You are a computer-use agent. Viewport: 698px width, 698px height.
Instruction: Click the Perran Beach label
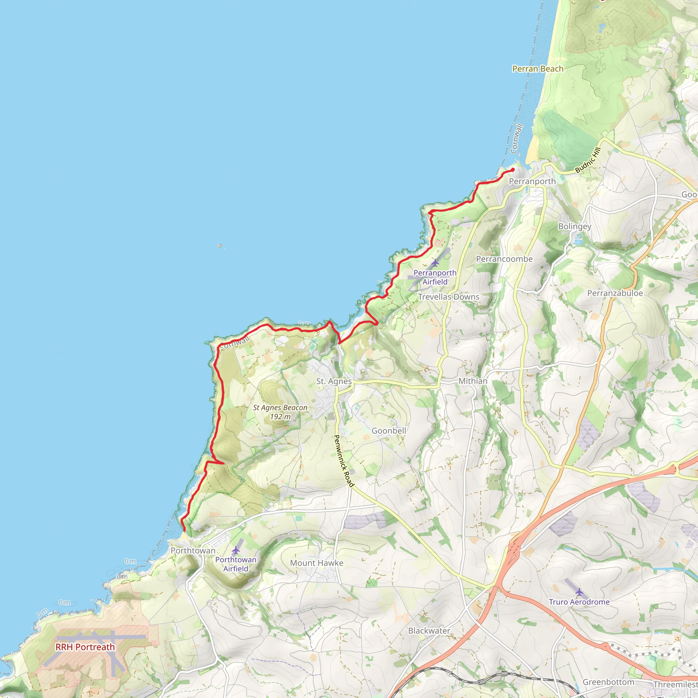pos(537,69)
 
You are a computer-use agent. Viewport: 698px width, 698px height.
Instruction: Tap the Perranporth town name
pos(532,181)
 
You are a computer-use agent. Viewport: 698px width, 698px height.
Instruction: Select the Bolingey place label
pos(574,227)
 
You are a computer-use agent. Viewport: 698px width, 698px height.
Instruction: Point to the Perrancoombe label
pos(504,259)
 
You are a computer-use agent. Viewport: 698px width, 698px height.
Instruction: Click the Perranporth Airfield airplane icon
pos(435,263)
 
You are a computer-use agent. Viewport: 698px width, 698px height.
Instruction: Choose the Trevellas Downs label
pos(449,297)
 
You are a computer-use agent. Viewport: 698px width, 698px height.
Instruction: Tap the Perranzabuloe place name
pos(615,293)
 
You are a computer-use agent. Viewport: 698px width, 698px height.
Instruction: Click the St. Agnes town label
pos(334,381)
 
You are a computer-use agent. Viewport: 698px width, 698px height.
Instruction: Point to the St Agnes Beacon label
pos(280,412)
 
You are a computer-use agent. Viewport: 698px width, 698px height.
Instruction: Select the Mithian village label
pos(473,381)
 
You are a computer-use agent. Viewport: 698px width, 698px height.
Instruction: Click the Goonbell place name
pos(389,431)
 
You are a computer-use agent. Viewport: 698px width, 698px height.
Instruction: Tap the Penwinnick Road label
pos(343,461)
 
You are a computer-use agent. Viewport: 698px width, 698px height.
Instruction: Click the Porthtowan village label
pos(193,551)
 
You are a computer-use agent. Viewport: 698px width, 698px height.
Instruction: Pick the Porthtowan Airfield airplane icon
pos(236,550)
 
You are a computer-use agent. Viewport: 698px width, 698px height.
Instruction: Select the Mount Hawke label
pos(317,563)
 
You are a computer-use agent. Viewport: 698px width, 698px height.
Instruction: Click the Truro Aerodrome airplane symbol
pos(579,592)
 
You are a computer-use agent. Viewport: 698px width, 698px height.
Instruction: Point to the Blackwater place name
pos(429,631)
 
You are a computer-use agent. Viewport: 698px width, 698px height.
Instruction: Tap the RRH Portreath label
pos(85,647)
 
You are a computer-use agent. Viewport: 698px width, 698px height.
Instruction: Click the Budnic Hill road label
pos(588,160)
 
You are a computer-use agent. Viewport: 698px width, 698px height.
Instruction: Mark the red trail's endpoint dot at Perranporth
pos(513,169)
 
